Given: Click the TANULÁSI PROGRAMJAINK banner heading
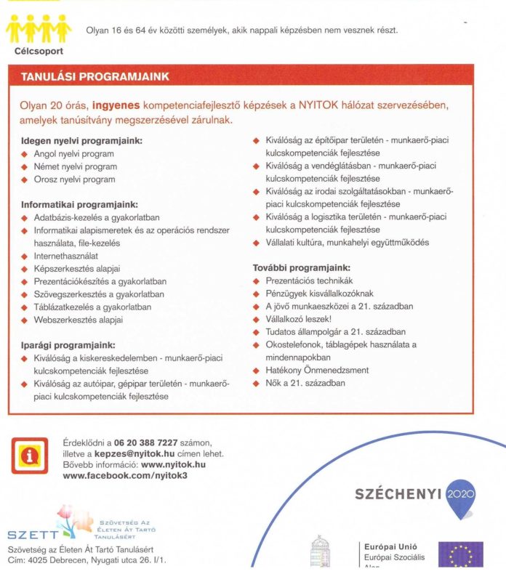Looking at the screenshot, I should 95,76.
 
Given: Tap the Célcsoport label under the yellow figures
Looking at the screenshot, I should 39,51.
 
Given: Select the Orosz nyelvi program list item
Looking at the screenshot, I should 74,179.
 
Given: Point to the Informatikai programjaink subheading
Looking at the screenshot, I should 79,205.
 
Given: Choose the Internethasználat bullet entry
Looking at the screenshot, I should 66,256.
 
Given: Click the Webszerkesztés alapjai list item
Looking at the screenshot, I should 79,320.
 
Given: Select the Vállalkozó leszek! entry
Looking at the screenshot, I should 299,319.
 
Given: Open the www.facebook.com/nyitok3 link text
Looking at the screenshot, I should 125,475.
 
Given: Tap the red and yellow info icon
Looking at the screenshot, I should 30,456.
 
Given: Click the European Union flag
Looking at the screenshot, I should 460,554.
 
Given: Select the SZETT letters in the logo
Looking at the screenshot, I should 31,536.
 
